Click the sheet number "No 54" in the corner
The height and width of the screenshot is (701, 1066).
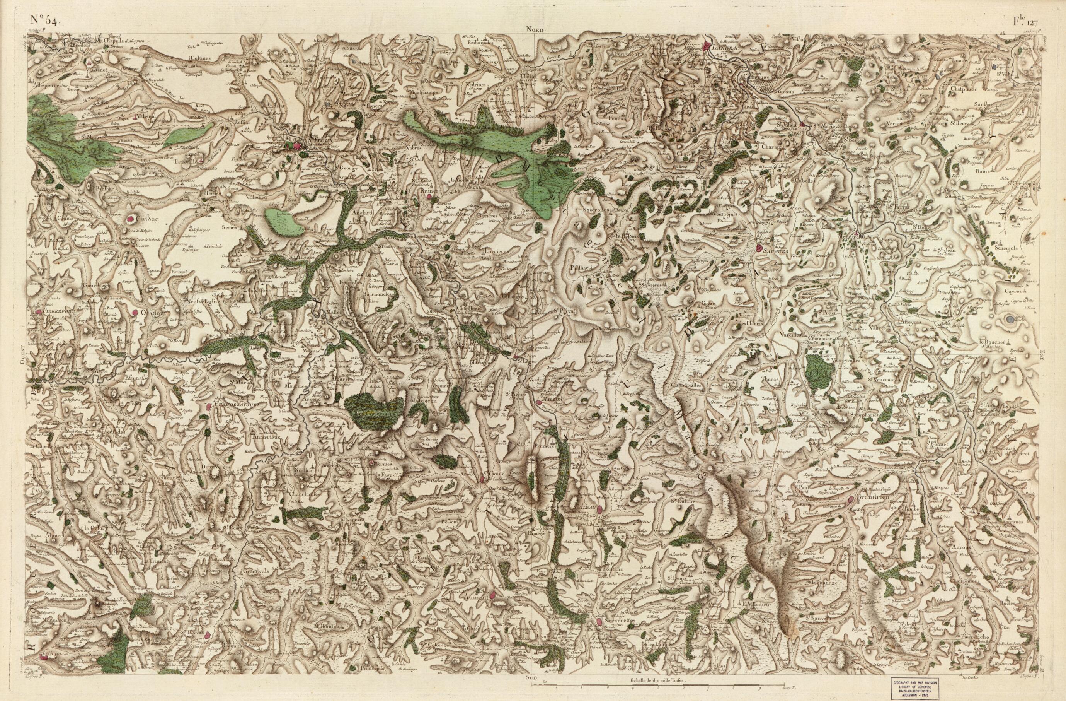43,19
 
